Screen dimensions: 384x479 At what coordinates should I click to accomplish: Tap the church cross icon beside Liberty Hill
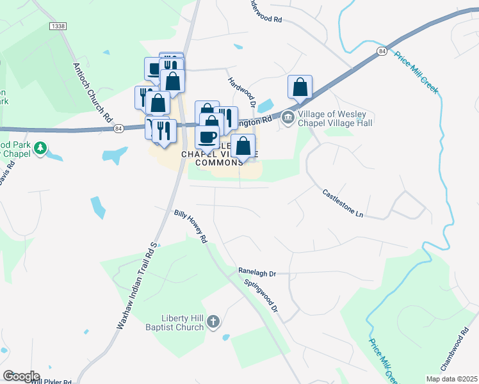[214, 321]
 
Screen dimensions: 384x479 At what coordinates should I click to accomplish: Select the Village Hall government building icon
[288, 117]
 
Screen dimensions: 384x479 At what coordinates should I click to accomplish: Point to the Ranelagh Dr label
[257, 272]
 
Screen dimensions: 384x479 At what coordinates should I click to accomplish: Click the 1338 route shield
[58, 26]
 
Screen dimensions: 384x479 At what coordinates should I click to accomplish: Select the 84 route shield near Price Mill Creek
[382, 51]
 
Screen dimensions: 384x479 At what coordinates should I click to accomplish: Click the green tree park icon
[40, 148]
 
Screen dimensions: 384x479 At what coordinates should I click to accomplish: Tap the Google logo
[20, 376]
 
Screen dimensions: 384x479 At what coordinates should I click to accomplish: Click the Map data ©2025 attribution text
[451, 379]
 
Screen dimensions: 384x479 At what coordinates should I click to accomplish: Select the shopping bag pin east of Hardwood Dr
[300, 87]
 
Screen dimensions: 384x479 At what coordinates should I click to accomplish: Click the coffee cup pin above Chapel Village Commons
[207, 136]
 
